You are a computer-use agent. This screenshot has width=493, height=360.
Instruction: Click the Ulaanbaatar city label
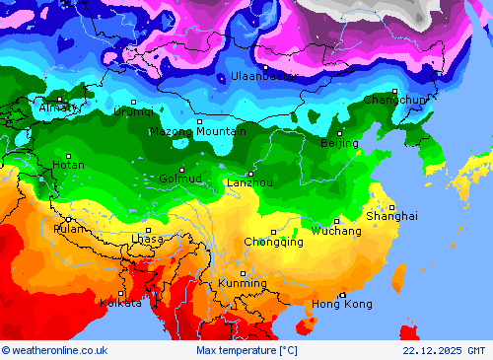264,76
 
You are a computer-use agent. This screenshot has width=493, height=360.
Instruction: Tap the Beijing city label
339,143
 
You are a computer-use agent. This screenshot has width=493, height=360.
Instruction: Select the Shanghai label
391,215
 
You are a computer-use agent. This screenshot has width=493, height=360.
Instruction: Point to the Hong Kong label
342,304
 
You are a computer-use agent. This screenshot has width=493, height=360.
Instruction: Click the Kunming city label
243,283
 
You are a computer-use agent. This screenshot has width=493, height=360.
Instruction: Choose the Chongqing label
273,242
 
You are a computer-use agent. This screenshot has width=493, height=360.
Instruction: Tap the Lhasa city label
148,239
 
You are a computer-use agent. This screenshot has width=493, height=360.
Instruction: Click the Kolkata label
120,303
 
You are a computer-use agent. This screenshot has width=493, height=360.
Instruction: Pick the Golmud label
180,179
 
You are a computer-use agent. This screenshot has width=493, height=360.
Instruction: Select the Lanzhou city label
249,182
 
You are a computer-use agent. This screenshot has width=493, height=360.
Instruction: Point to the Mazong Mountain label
197,131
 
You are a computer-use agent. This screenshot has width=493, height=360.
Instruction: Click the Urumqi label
133,111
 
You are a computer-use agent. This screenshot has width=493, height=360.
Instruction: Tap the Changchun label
394,100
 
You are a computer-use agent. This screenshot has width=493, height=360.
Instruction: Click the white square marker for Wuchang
336,221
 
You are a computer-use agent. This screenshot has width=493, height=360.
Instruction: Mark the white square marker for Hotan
68,156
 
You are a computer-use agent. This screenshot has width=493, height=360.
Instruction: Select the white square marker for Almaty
59,99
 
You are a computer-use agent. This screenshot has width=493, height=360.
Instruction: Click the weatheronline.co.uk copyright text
54,350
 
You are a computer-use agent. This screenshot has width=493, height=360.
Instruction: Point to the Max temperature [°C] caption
246,350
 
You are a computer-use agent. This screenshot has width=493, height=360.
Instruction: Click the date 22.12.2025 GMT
444,350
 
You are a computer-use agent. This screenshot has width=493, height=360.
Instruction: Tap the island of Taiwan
398,277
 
